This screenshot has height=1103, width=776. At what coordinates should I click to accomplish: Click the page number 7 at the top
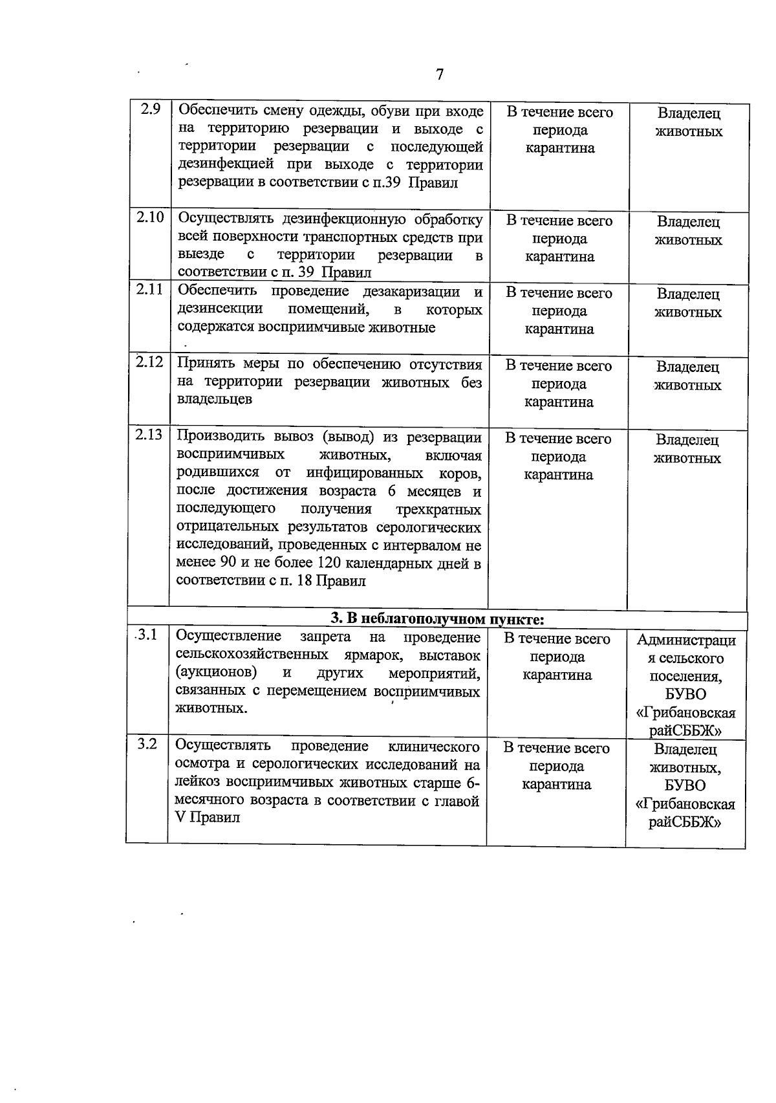[x=440, y=74]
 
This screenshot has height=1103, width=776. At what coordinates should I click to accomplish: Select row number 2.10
[x=150, y=217]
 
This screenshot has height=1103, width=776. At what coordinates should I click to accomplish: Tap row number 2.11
[x=149, y=289]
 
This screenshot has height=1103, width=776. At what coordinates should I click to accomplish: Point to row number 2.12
[x=149, y=362]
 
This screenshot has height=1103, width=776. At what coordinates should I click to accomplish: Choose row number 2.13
[x=149, y=435]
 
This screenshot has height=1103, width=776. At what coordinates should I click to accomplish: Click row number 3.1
[x=146, y=635]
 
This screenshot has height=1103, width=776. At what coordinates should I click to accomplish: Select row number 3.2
[x=147, y=744]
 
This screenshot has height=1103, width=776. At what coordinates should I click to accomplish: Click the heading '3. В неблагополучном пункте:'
[x=437, y=619]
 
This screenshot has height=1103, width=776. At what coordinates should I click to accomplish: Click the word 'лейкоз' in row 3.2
[x=199, y=783]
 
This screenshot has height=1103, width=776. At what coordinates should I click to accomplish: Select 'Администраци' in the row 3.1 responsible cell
[x=686, y=640]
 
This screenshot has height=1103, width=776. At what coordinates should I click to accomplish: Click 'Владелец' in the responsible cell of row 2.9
[x=689, y=113]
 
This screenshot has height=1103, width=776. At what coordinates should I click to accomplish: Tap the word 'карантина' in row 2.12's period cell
[x=559, y=402]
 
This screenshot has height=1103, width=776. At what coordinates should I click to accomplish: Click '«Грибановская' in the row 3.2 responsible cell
[x=685, y=804]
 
